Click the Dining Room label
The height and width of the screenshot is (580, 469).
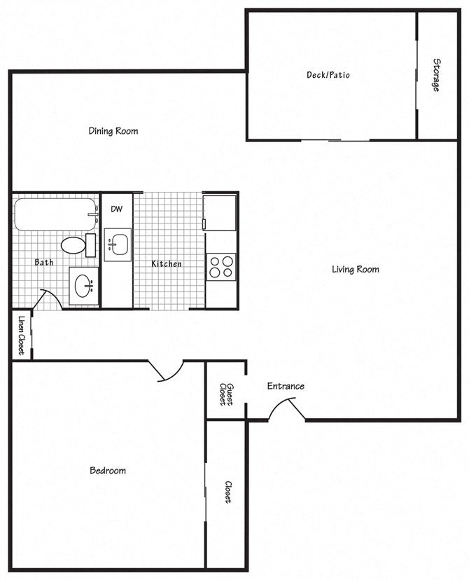click(113, 131)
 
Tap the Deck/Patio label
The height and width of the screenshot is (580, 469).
click(328, 75)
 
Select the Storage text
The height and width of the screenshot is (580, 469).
click(435, 75)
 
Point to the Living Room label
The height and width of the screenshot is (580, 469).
click(355, 269)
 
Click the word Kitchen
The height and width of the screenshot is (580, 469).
click(167, 264)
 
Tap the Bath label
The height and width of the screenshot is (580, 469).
click(44, 263)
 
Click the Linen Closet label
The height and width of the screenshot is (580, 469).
click(21, 335)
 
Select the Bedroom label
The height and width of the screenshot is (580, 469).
click(108, 470)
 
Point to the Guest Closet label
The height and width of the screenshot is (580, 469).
click(225, 394)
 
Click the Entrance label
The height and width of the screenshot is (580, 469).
click(286, 386)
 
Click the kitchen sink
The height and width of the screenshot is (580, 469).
click(117, 244)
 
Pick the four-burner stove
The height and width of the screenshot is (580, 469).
click(221, 266)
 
